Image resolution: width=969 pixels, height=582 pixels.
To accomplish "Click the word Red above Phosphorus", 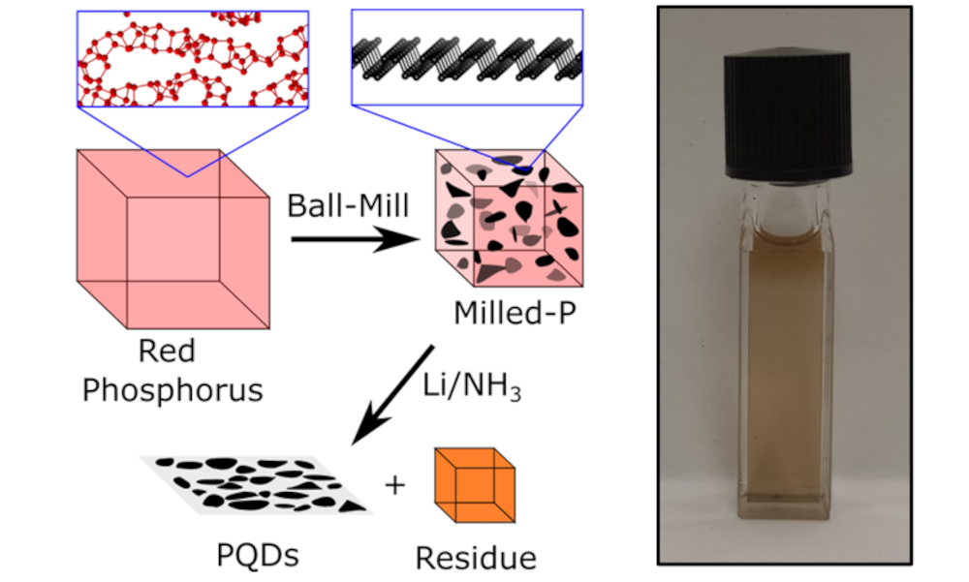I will [x=161, y=351].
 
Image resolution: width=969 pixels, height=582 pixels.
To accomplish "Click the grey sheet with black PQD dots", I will [x=257, y=483].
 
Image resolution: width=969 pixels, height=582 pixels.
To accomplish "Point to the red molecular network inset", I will [x=193, y=57].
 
